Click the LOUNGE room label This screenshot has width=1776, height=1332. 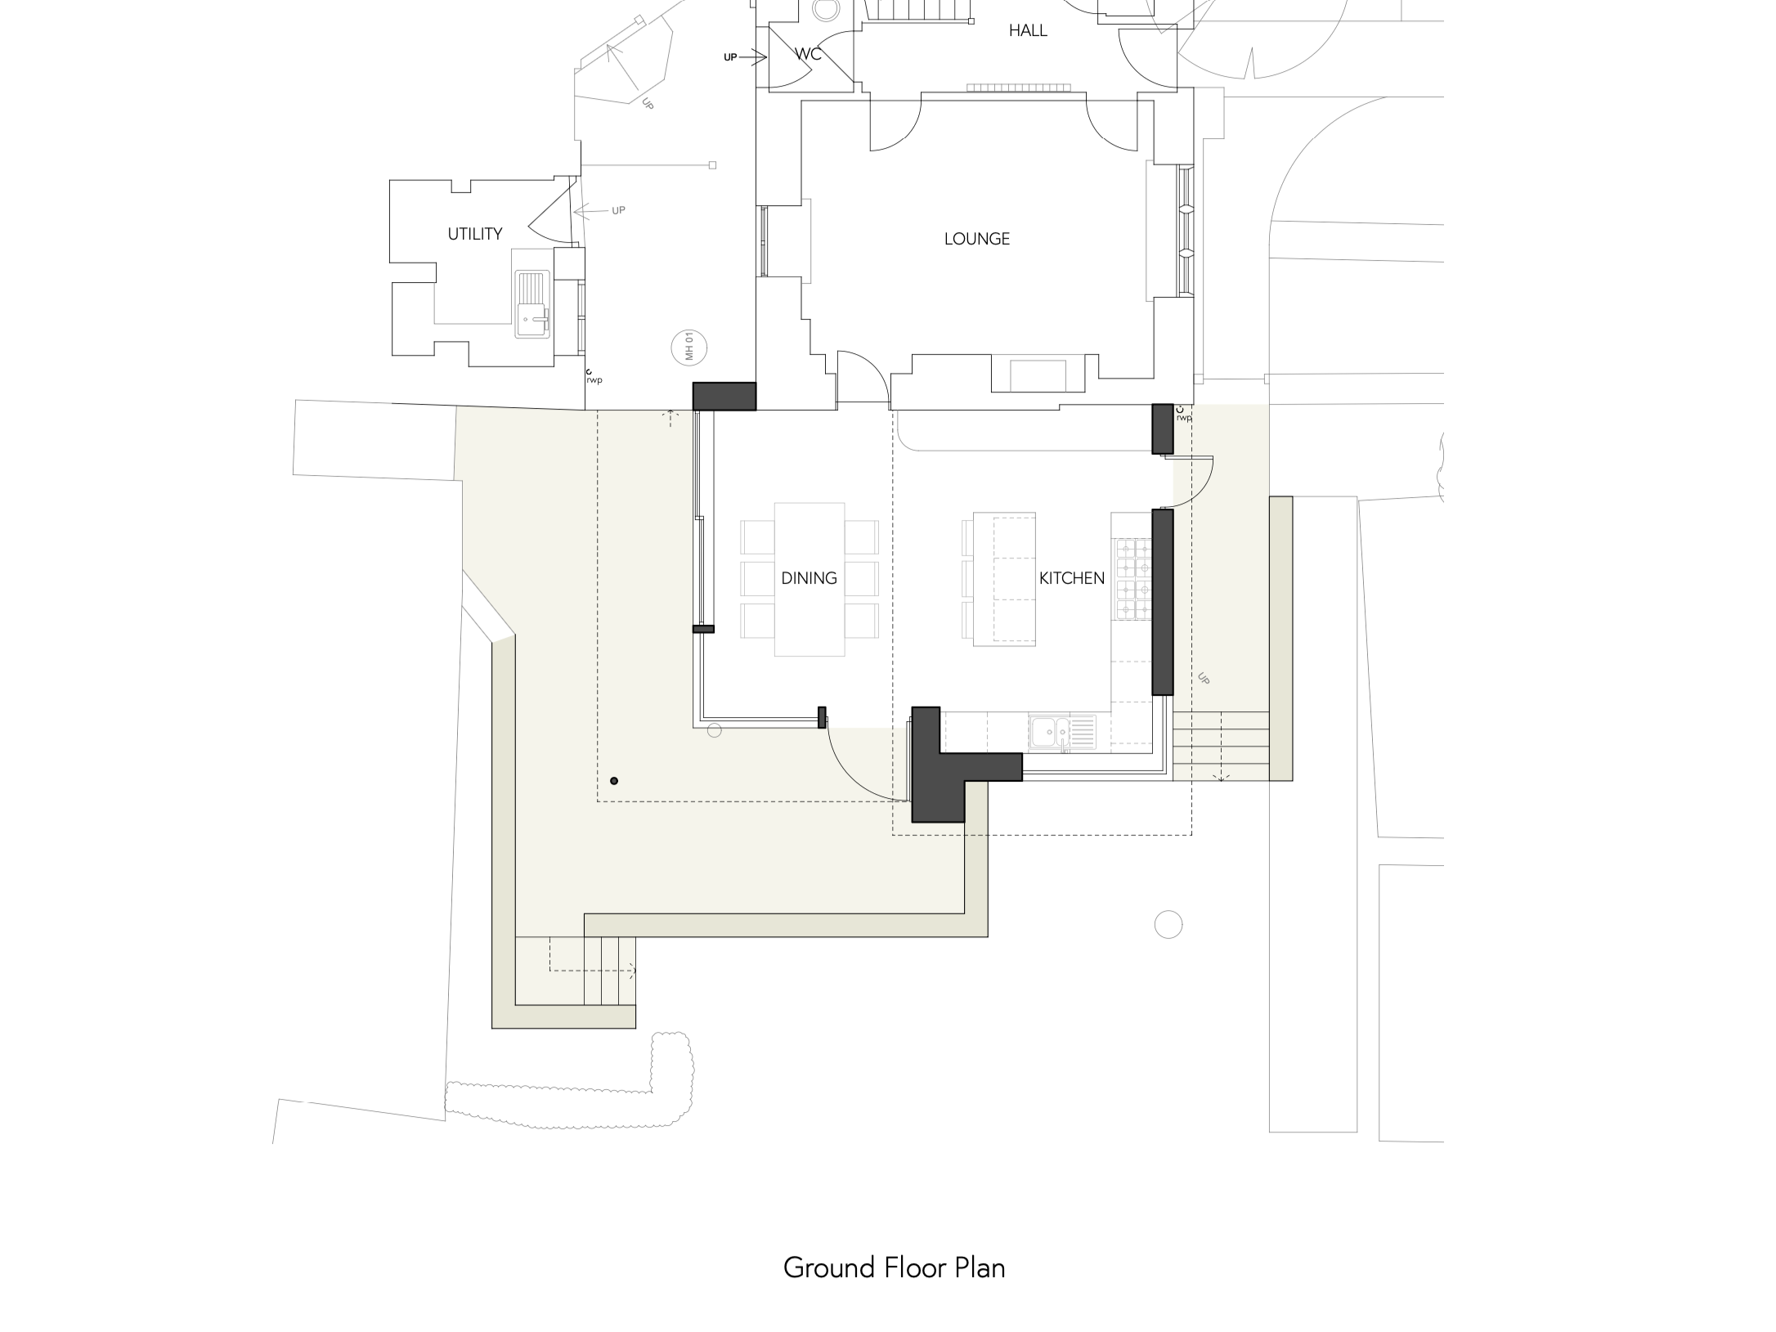point(976,239)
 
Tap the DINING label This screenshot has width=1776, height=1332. point(809,578)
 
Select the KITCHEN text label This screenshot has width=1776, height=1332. point(1071,578)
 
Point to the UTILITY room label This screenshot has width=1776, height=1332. point(474,234)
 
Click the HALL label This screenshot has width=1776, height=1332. point(1028,30)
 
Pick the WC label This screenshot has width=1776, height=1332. point(808,54)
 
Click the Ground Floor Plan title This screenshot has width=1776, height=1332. point(894,1267)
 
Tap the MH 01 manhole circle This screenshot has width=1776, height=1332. point(688,346)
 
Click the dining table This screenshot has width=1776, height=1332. point(810,579)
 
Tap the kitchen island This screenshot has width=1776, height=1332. point(1004,579)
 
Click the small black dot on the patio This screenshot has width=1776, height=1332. point(614,781)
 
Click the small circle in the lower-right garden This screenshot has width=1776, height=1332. point(1168,925)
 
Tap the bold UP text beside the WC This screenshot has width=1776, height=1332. point(730,57)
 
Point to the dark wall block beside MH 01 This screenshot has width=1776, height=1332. point(724,396)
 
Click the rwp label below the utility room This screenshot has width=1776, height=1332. point(594,380)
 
